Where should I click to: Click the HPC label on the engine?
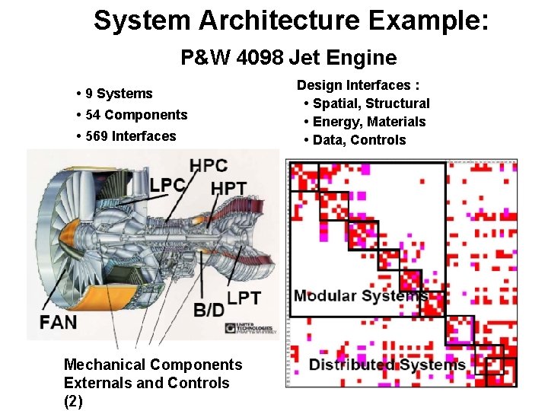click(209, 165)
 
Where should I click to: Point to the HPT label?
click(228, 188)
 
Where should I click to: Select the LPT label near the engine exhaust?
click(244, 298)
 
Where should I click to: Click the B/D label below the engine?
click(209, 310)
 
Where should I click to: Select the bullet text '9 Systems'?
click(119, 94)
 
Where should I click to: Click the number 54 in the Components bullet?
click(94, 115)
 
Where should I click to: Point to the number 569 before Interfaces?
click(97, 136)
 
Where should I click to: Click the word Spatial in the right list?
click(336, 104)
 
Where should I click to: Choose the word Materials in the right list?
click(398, 122)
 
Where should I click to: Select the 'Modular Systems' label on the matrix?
click(360, 295)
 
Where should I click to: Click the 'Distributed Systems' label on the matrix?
click(387, 365)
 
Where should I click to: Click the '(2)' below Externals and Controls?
click(73, 401)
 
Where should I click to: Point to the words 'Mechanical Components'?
click(153, 365)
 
